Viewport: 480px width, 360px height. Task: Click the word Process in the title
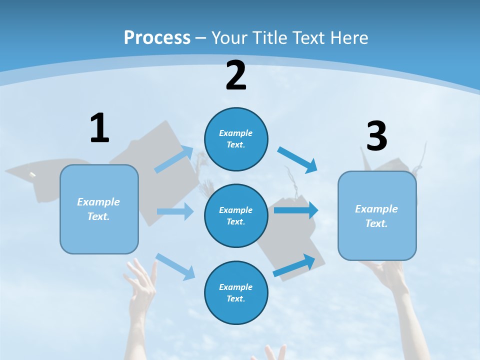[x=157, y=37]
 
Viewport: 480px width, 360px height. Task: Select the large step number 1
[x=99, y=128]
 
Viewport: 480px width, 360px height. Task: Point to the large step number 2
[x=236, y=75]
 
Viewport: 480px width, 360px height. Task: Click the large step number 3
[x=376, y=136]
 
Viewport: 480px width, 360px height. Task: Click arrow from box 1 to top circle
[x=174, y=159]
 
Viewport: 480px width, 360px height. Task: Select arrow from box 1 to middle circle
[x=175, y=211]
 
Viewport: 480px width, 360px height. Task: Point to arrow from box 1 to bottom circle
[x=175, y=266]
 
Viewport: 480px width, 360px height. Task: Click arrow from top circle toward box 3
[x=297, y=159]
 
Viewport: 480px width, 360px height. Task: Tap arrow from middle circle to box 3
[x=296, y=210]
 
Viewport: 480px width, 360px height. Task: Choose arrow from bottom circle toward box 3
[x=294, y=265]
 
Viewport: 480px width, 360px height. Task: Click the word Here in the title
[x=348, y=37]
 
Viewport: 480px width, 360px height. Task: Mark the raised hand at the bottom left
[x=141, y=290]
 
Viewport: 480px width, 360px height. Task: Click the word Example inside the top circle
[x=235, y=133]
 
